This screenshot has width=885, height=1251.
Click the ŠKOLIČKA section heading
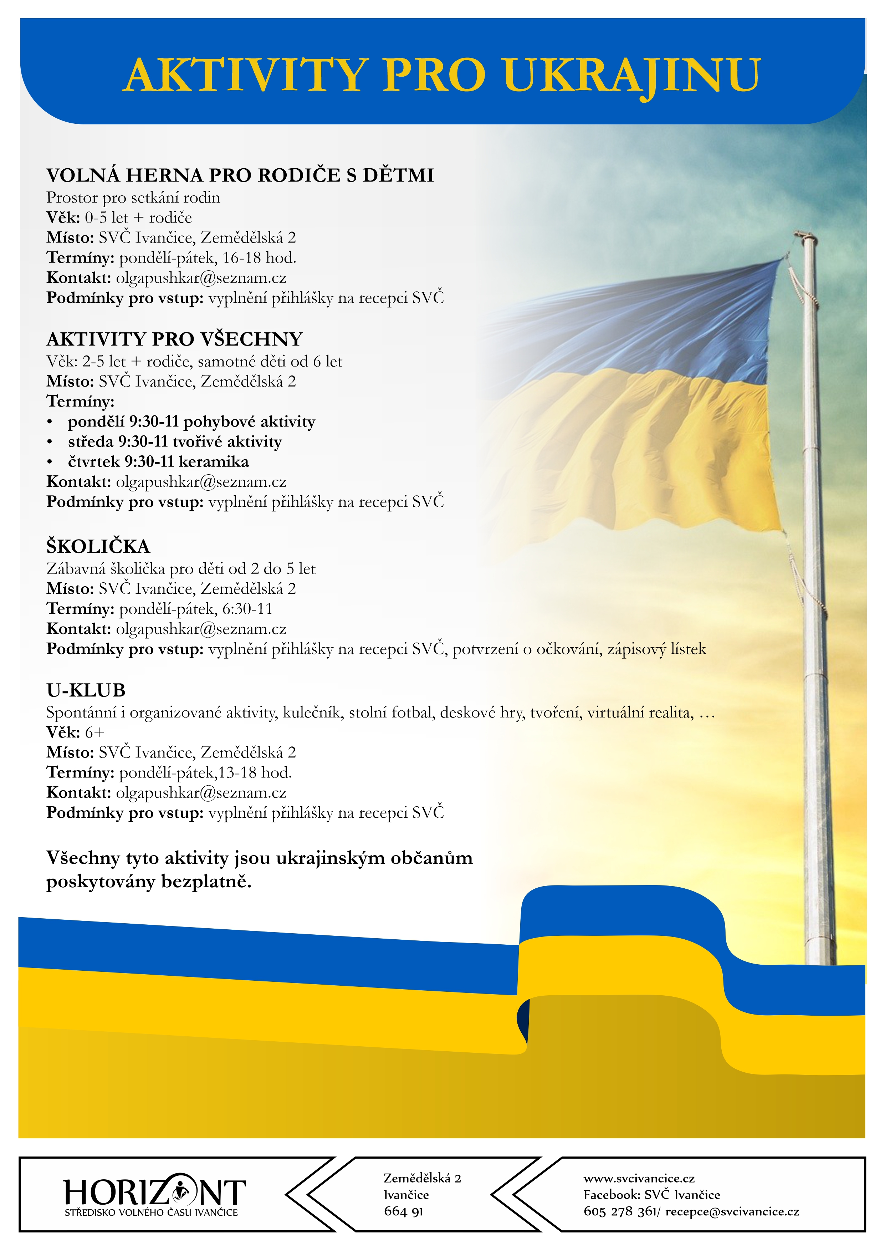click(x=98, y=546)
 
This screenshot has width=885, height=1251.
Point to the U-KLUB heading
click(x=86, y=690)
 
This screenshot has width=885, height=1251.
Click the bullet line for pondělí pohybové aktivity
click(x=191, y=422)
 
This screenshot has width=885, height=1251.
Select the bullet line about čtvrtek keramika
click(x=158, y=462)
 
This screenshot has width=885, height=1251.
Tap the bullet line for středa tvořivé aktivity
click(x=174, y=442)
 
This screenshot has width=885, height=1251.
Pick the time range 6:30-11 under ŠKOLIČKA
click(x=247, y=609)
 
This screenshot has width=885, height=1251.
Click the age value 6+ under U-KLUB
click(x=94, y=732)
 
